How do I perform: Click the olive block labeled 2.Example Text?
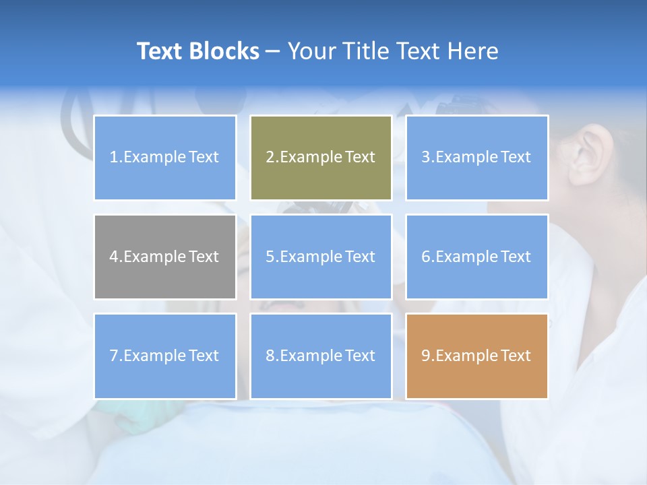tap(321, 158)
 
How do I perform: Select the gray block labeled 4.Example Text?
tap(165, 257)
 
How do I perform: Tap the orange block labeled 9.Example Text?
tap(476, 356)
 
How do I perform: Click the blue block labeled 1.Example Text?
tap(165, 158)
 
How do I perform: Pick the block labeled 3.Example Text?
tap(476, 158)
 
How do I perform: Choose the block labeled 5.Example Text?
tap(321, 257)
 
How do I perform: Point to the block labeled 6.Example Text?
tap(476, 257)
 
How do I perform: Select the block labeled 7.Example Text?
tap(165, 356)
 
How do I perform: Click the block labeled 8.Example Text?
tap(321, 356)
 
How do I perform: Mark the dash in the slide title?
tap(273, 52)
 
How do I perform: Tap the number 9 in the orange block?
tap(426, 356)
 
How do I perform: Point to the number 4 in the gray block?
tap(114, 257)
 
